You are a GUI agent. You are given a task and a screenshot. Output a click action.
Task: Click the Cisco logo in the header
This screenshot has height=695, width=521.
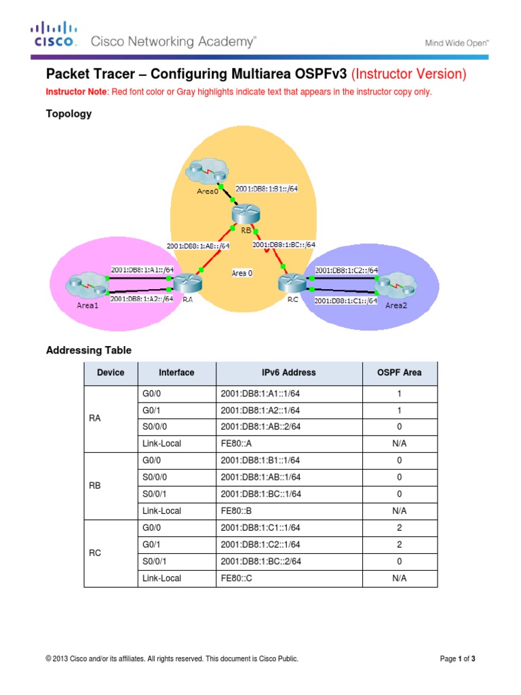53,35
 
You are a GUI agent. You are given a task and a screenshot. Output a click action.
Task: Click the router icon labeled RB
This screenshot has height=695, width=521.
242,214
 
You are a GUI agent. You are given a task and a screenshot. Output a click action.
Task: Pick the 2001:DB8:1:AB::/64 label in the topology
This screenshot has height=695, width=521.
198,246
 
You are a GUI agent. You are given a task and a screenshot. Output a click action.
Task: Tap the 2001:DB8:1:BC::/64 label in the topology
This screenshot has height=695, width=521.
284,245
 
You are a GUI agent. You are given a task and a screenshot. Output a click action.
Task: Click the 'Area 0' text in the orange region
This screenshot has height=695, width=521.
242,273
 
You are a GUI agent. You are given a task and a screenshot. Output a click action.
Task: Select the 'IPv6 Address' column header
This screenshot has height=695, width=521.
288,373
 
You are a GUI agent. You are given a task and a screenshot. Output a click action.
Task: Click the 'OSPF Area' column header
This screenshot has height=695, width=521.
400,373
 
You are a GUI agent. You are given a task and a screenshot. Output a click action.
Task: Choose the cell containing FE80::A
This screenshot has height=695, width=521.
288,443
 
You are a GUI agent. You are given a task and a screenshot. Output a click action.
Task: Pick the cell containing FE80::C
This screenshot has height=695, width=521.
288,578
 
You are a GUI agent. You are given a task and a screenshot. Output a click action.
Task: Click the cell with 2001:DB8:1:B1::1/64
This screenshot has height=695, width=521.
288,460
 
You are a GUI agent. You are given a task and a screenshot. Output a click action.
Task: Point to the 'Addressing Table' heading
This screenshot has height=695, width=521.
88,350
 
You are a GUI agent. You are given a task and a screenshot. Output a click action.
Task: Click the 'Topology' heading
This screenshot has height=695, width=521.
69,114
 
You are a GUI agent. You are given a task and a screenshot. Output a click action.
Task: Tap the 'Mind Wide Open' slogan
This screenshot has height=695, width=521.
457,42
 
